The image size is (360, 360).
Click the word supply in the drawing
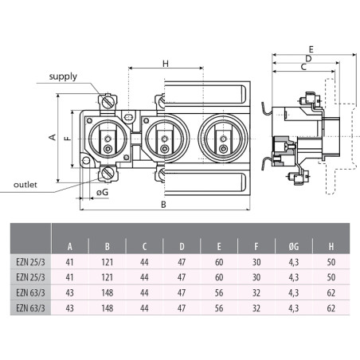63,77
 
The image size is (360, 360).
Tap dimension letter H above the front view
165,64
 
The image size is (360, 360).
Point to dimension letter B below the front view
163,205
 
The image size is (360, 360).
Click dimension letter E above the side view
310,49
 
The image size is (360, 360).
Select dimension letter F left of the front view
66,137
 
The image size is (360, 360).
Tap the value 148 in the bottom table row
108,309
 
